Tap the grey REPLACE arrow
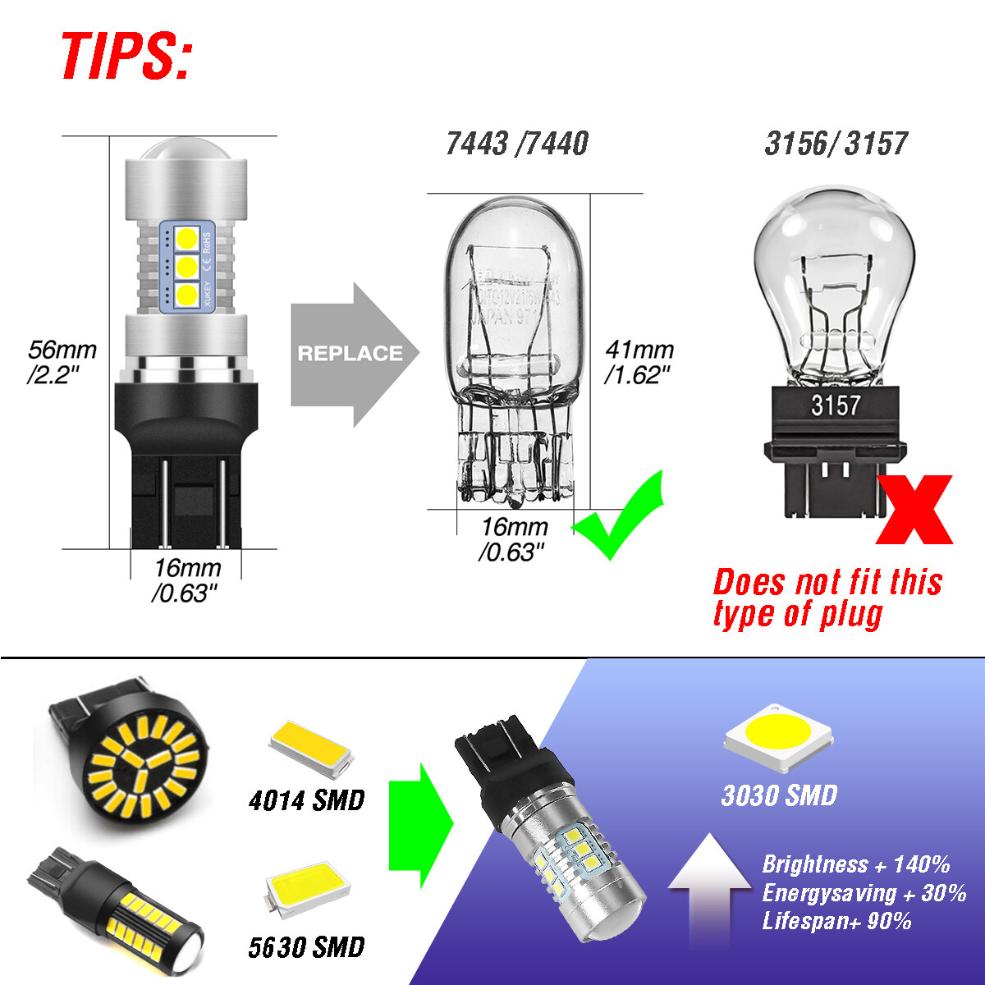[x=353, y=354]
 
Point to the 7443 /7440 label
[x=517, y=144]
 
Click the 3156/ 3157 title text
[x=836, y=144]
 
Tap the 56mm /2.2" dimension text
[x=62, y=361]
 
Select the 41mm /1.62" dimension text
[x=639, y=361]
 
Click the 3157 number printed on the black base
[x=835, y=405]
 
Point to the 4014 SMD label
[x=306, y=799]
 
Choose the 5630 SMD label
[x=306, y=947]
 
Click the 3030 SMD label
[x=779, y=795]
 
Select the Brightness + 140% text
[x=855, y=864]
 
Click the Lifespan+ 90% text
[x=836, y=920]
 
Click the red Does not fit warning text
[x=827, y=598]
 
